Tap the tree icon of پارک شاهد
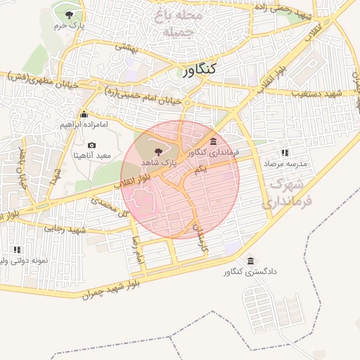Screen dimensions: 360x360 click(x=157, y=150)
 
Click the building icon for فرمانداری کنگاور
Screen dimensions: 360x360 click(x=213, y=142)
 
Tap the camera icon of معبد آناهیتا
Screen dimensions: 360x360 click(x=92, y=145)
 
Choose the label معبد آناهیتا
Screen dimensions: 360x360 click(x=92, y=155)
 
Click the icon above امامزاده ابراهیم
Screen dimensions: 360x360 click(x=84, y=115)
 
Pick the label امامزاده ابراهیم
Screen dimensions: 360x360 click(x=82, y=125)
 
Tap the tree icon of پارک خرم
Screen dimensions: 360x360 click(x=69, y=15)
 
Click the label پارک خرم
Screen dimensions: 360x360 click(x=69, y=25)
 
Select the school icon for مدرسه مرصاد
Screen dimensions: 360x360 click(x=284, y=153)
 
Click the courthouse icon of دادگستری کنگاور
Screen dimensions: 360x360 click(x=251, y=262)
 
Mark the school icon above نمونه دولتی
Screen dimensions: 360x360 click(x=17, y=250)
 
